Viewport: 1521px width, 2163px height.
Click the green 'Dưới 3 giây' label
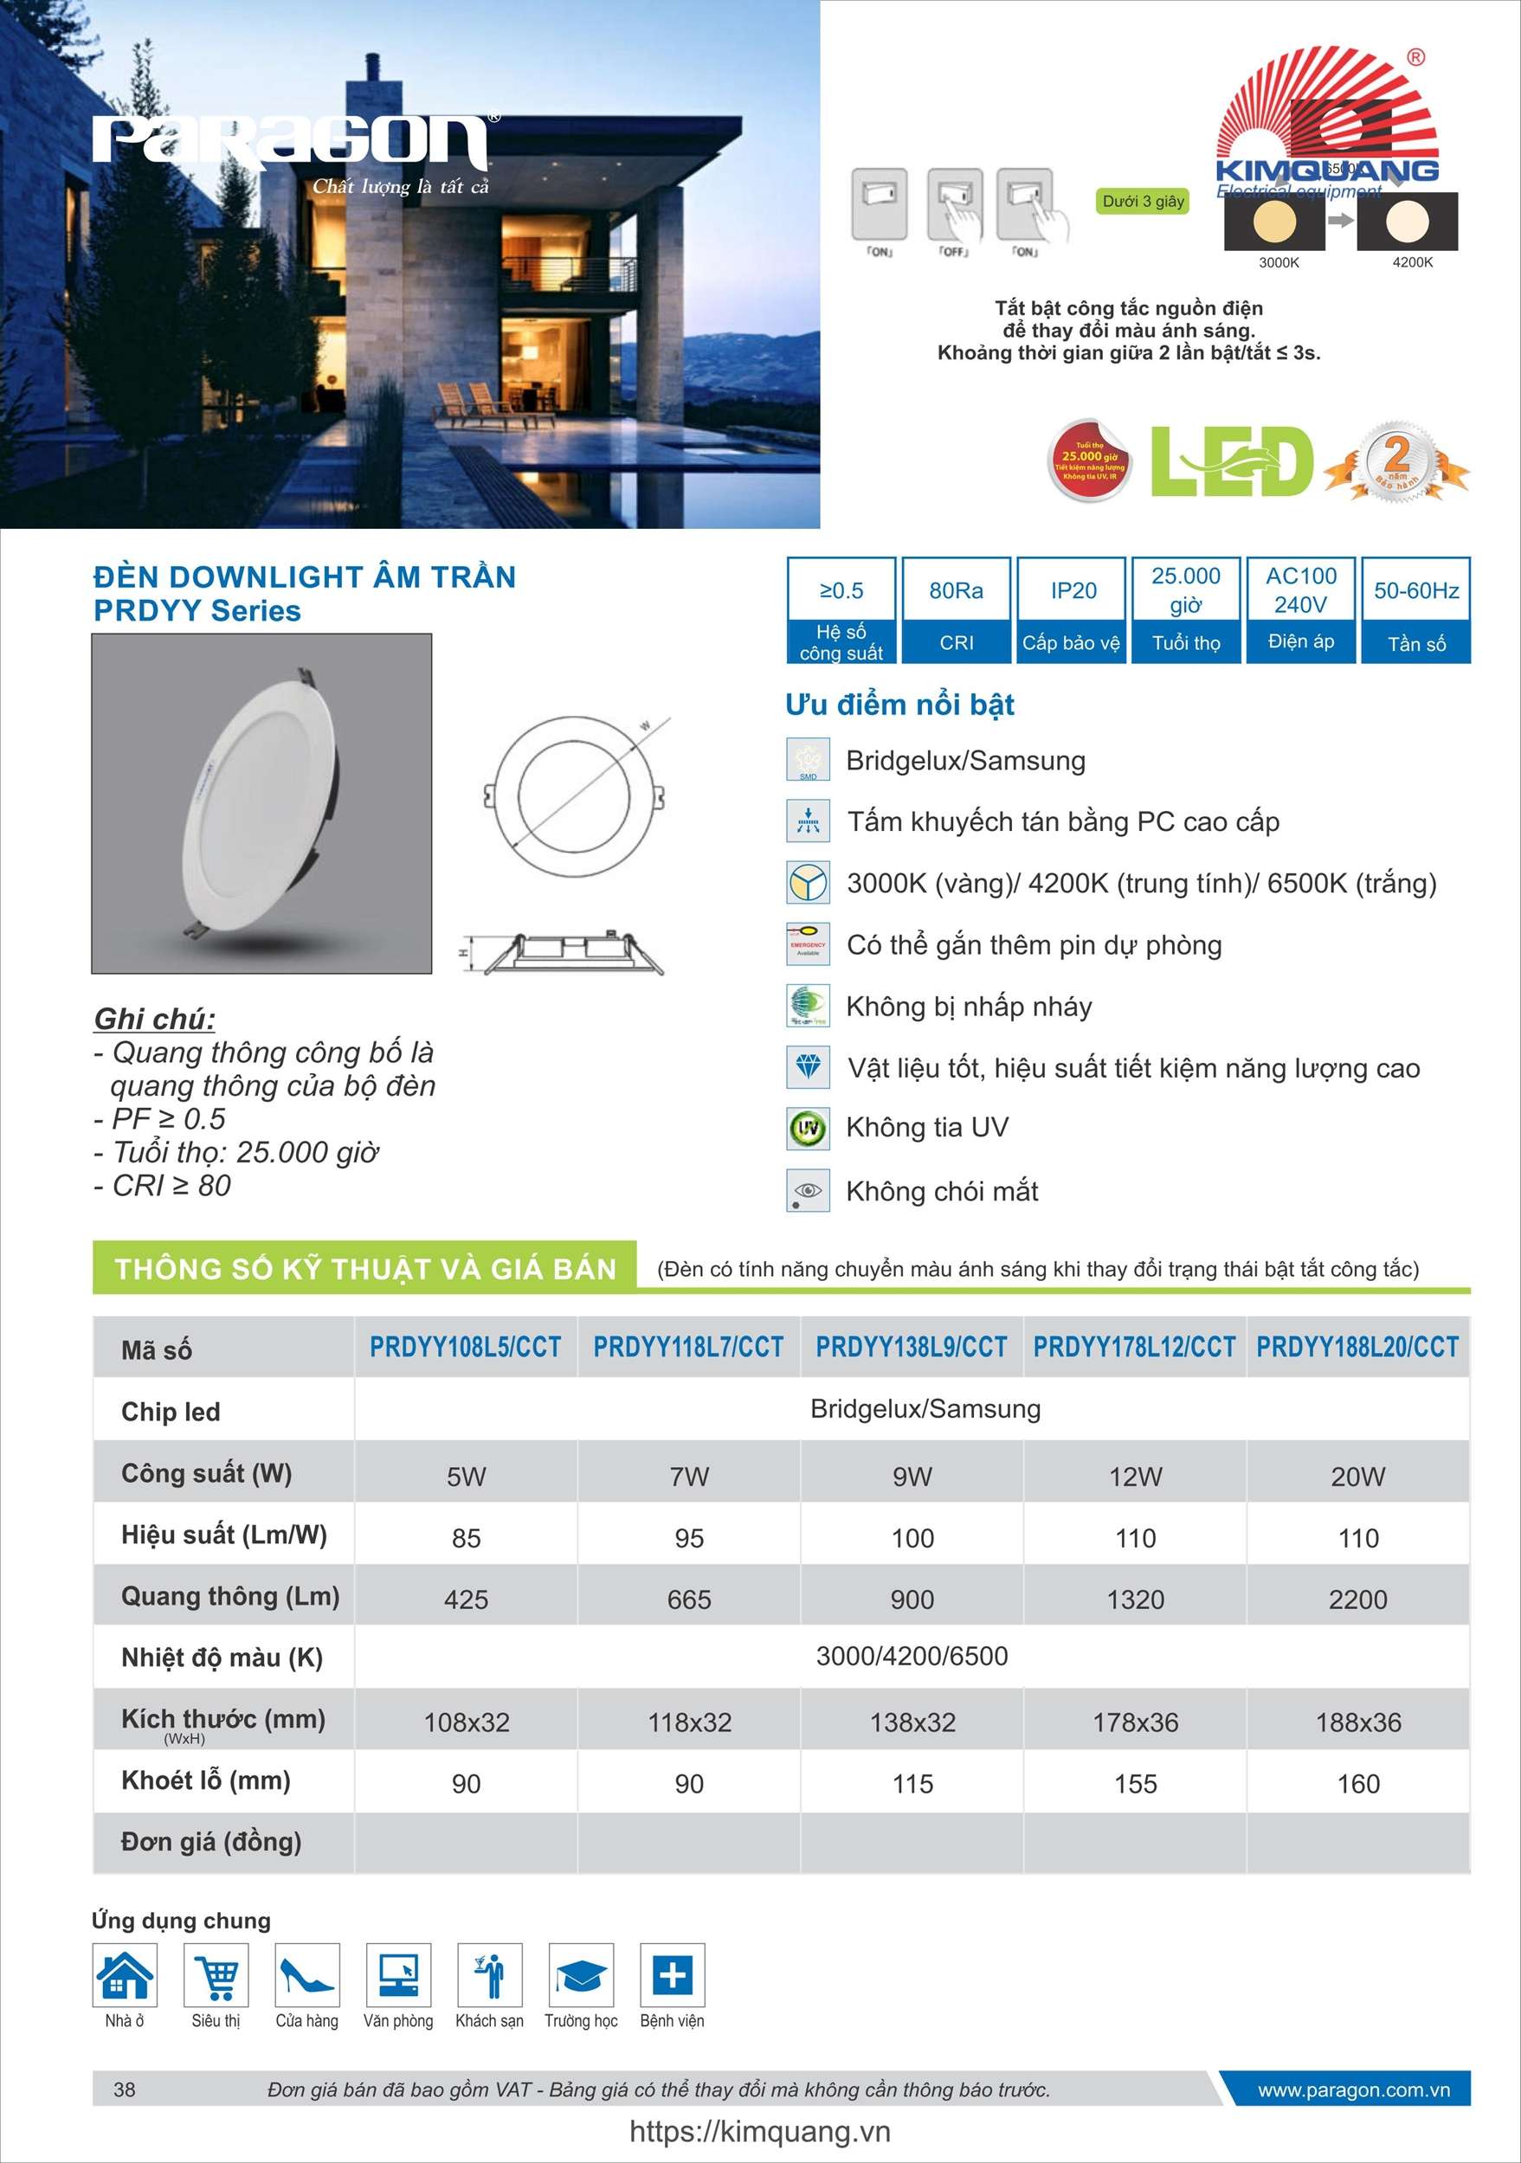click(1142, 201)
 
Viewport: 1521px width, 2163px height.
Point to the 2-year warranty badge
click(1395, 461)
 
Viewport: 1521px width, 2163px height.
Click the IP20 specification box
click(1073, 609)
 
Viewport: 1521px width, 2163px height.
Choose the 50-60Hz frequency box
click(1415, 609)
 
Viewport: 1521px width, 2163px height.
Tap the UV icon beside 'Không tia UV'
click(808, 1128)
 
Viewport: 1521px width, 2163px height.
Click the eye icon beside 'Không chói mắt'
click(808, 1191)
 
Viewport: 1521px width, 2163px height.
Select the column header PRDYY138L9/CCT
click(912, 1347)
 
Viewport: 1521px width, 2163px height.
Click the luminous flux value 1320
click(1135, 1600)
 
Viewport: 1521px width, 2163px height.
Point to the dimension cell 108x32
click(467, 1722)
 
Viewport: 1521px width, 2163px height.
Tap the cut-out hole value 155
click(1135, 1783)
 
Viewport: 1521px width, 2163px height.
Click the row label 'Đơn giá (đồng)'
click(211, 1842)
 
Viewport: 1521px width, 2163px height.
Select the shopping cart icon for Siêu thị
click(216, 1974)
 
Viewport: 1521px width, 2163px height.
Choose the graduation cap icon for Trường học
click(579, 1974)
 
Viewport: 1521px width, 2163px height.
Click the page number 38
click(125, 2089)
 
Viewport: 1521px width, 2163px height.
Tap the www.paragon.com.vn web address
click(1353, 2089)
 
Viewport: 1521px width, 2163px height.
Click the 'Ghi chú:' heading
click(155, 1019)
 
